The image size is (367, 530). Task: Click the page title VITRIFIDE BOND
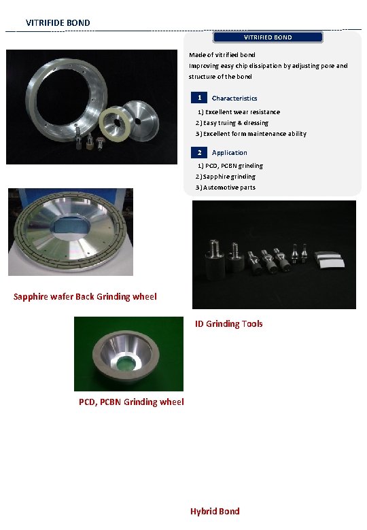58,23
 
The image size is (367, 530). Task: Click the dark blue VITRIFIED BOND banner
268,37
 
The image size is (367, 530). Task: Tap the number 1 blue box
199,98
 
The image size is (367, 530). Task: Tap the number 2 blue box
199,152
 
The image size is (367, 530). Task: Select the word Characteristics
234,99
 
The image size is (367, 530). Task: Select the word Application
229,153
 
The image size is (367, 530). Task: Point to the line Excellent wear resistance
239,111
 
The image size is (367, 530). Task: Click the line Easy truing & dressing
232,123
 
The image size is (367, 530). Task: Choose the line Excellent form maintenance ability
251,134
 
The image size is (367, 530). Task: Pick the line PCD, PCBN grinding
230,166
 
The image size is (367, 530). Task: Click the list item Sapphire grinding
226,177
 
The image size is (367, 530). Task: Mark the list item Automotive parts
226,188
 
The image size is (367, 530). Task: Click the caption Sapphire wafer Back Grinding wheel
85,296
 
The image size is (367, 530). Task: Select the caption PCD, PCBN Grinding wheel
131,402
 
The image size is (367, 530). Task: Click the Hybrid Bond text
215,511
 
